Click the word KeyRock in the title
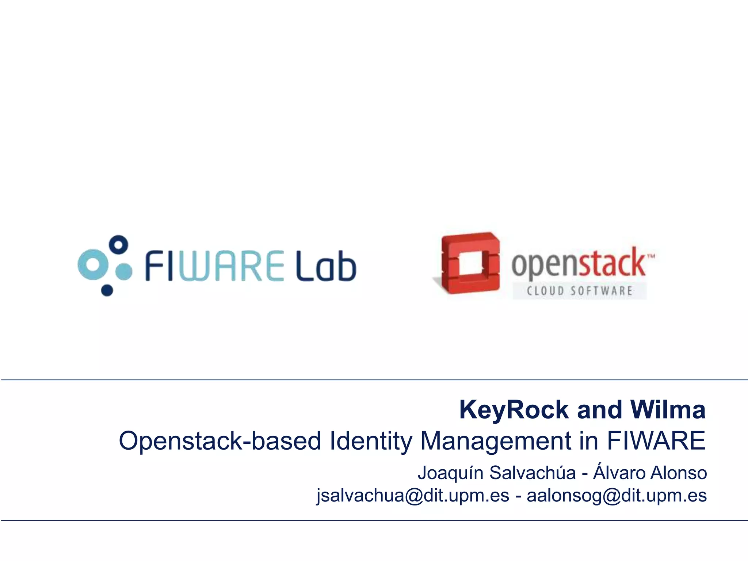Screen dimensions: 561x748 click(x=514, y=410)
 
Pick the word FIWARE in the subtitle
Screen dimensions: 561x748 click(x=656, y=441)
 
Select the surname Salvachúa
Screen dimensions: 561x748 click(x=533, y=473)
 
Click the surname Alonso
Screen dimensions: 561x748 click(x=679, y=473)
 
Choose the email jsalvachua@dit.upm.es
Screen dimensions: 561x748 click(x=413, y=496)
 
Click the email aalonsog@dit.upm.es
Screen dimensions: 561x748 click(x=617, y=496)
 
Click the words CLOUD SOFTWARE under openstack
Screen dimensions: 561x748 click(x=579, y=291)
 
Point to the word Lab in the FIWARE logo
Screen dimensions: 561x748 click(x=326, y=266)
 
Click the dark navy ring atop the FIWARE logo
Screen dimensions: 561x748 click(x=119, y=244)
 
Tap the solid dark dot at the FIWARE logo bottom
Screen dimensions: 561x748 click(x=107, y=290)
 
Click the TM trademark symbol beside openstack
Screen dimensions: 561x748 click(x=651, y=256)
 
